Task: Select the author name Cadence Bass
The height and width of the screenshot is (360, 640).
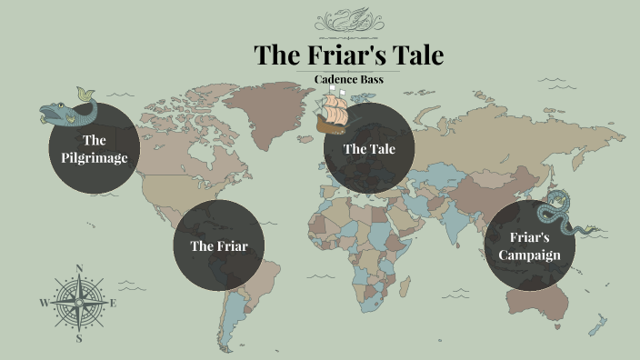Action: point(349,80)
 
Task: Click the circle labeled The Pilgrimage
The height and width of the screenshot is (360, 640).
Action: point(95,148)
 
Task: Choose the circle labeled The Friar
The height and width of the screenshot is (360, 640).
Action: point(219,245)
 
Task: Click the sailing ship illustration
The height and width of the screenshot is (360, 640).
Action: point(332,113)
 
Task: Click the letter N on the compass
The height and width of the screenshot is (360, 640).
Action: point(79,268)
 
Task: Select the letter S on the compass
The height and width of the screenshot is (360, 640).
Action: point(79,338)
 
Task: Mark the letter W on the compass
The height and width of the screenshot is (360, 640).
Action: point(44,303)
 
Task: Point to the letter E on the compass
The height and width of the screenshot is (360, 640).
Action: point(114,303)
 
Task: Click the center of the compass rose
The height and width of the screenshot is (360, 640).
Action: point(79,303)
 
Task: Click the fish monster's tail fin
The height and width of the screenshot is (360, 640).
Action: point(85,94)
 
